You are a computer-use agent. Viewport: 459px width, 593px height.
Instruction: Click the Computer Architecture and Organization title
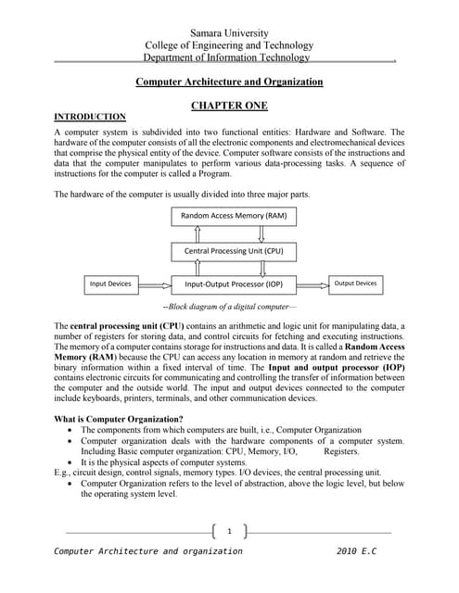click(x=229, y=82)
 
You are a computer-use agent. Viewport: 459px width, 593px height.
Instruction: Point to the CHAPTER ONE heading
click(x=229, y=106)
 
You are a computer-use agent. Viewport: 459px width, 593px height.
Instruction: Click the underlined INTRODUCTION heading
click(x=90, y=117)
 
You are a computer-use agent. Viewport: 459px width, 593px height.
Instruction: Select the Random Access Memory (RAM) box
click(x=228, y=216)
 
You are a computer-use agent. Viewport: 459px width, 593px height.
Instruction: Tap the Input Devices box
click(x=110, y=284)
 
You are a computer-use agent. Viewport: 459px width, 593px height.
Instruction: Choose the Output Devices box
click(x=356, y=284)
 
